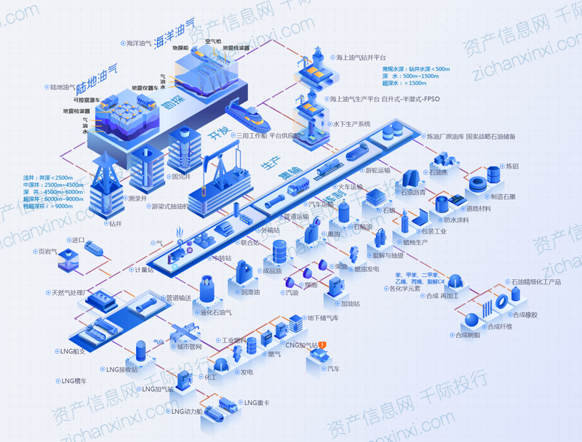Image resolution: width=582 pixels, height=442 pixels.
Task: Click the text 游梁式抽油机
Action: (x=169, y=206)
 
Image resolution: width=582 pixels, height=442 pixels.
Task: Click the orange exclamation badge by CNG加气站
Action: (x=323, y=345)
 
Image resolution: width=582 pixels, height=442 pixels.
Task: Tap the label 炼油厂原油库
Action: (x=444, y=136)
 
